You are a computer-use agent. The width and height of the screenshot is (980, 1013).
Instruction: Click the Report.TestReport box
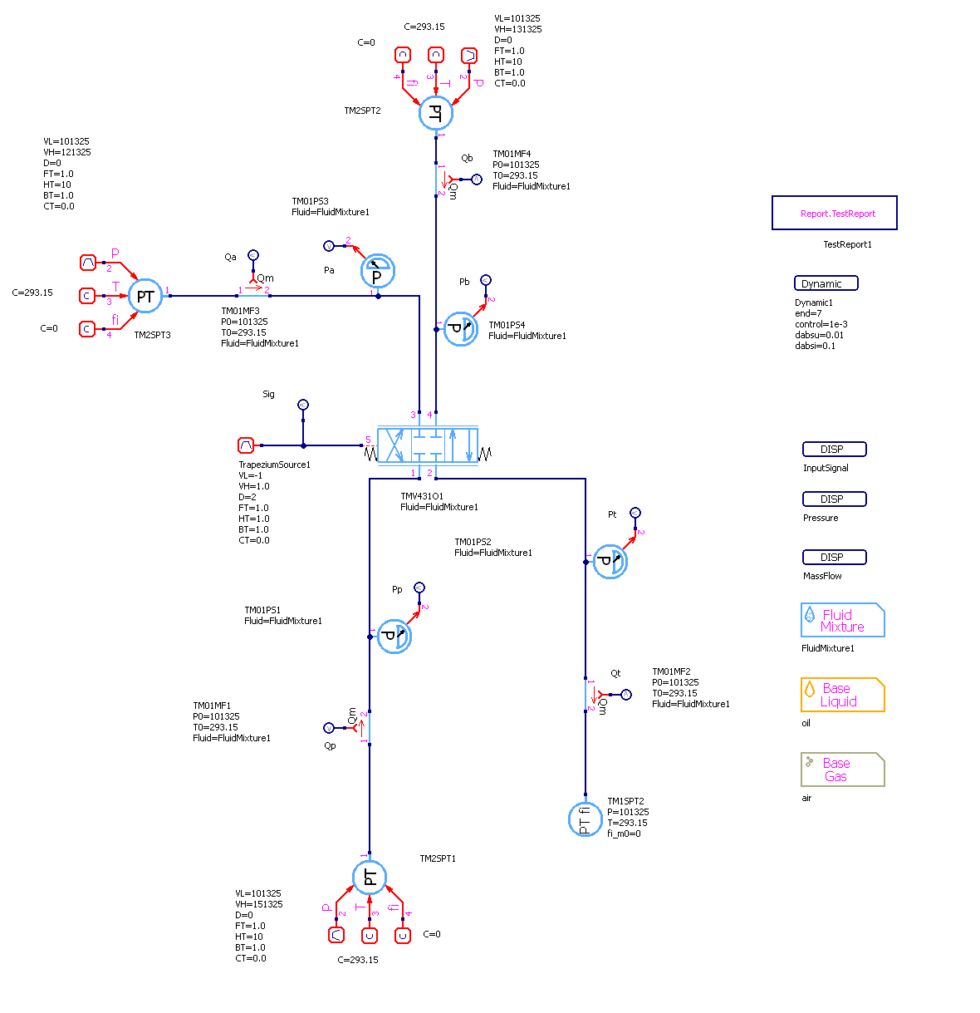pyautogui.click(x=834, y=213)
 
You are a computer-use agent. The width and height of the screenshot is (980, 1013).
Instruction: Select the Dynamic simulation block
pyautogui.click(x=826, y=283)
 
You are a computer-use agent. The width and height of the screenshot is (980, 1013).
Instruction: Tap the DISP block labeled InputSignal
pyautogui.click(x=834, y=450)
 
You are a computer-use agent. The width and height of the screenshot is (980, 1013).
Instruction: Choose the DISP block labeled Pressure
pyautogui.click(x=834, y=499)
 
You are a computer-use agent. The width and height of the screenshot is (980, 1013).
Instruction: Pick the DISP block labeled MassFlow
pyautogui.click(x=834, y=558)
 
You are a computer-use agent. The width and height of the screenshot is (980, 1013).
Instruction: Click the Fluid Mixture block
pyautogui.click(x=842, y=621)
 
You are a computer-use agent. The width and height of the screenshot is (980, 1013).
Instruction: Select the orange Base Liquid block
pyautogui.click(x=842, y=695)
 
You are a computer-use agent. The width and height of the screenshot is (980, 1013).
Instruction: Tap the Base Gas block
pyautogui.click(x=842, y=770)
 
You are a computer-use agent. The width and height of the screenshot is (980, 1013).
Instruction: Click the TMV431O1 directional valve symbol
pyautogui.click(x=428, y=445)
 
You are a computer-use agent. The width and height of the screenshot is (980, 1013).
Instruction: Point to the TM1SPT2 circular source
pyautogui.click(x=585, y=819)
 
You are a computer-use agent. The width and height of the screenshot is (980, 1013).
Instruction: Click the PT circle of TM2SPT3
pyautogui.click(x=145, y=296)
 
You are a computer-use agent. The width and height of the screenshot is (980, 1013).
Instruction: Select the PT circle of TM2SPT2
pyautogui.click(x=435, y=113)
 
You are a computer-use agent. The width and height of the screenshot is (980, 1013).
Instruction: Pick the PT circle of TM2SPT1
pyautogui.click(x=370, y=878)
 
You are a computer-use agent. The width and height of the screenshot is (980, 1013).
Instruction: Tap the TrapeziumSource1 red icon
pyautogui.click(x=245, y=445)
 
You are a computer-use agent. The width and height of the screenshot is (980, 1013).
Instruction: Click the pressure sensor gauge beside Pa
pyautogui.click(x=378, y=272)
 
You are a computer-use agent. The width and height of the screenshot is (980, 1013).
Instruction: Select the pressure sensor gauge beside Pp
pyautogui.click(x=394, y=637)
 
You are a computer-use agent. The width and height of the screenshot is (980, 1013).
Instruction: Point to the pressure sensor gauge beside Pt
pyautogui.click(x=610, y=562)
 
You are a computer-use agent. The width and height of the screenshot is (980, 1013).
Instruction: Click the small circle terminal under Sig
pyautogui.click(x=303, y=405)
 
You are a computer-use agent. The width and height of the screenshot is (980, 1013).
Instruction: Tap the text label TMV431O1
pyautogui.click(x=422, y=496)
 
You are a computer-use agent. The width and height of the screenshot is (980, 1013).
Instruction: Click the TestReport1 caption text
pyautogui.click(x=847, y=244)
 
